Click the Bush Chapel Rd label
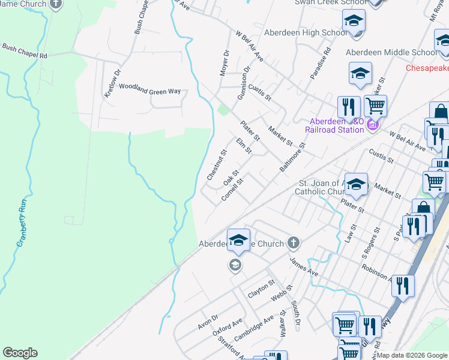(x=25, y=51)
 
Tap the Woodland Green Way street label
(x=149, y=89)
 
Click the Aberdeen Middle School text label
(x=390, y=53)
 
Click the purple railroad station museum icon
(x=372, y=124)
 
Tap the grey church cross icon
(x=293, y=243)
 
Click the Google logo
(x=20, y=353)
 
